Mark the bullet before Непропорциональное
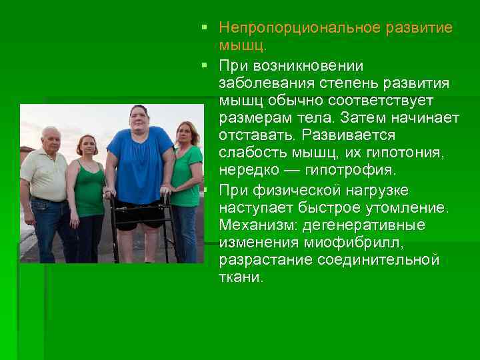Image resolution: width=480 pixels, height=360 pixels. (209, 29)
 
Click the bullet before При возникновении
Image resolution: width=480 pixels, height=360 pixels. (209, 65)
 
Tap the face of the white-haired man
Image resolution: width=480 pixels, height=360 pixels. (51, 139)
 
